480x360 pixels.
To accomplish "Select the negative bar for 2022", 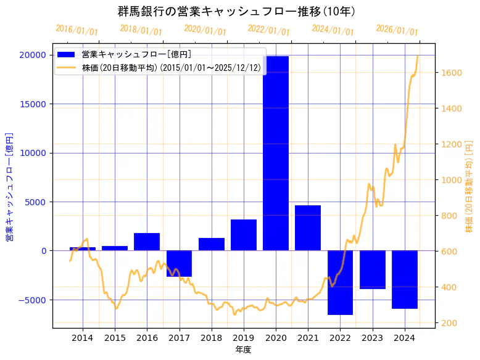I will [x=340, y=282].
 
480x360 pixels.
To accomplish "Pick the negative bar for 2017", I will [x=179, y=263].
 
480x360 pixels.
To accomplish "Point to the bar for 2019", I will [x=244, y=235].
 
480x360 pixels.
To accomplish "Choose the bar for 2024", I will [x=405, y=279].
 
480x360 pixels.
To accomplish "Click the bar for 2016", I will [x=147, y=242].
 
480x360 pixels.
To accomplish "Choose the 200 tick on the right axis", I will [x=449, y=323].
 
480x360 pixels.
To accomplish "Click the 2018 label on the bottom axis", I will [x=211, y=338].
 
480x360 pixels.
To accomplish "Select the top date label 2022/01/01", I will [x=268, y=30].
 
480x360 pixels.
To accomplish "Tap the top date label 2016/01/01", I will [x=77, y=30].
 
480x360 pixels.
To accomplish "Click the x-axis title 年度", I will [x=243, y=350].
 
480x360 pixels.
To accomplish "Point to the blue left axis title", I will [x=10, y=186].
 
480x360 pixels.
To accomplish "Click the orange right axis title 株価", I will [x=469, y=186].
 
